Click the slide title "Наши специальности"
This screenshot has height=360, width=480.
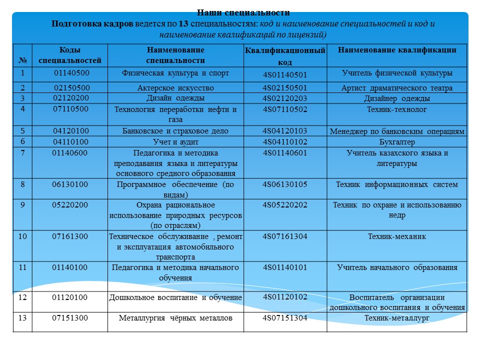243,13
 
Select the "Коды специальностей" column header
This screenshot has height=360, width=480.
70,55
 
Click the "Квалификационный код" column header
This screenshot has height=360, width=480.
285,56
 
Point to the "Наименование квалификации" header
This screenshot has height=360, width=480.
397,50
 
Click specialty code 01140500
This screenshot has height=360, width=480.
71,73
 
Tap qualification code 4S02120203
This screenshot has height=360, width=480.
285,98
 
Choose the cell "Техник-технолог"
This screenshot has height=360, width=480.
397,109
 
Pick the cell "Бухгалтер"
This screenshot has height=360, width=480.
397,141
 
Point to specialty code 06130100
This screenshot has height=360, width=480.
70,184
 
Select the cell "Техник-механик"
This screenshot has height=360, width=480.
397,236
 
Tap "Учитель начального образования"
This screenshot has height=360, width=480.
397,267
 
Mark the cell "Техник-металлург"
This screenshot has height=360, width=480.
397,317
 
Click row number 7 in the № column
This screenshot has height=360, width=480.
22,153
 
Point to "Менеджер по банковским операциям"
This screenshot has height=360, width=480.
397,132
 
